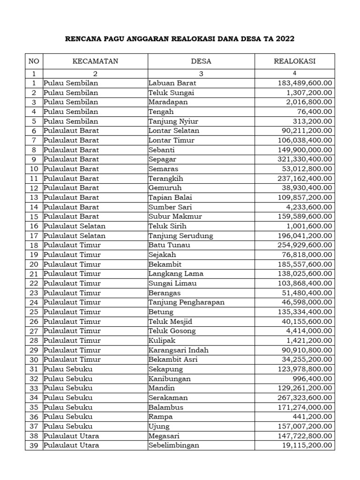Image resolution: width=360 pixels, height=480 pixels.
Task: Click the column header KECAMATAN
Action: pyautogui.click(x=95, y=61)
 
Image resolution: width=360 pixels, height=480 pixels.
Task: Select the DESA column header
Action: pyautogui.click(x=201, y=61)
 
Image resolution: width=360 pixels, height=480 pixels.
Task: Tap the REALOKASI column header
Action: pyautogui.click(x=295, y=61)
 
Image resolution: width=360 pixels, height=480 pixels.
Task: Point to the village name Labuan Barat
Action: pyautogui.click(x=172, y=83)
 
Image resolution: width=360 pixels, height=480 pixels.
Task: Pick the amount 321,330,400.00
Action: pyautogui.click(x=302, y=159)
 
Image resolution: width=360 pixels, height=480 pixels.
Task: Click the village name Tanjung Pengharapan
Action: pyautogui.click(x=186, y=302)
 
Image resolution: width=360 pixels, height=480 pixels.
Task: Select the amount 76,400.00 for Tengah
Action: pyautogui.click(x=315, y=112)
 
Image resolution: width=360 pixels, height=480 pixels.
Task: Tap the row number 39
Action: pyautogui.click(x=33, y=445)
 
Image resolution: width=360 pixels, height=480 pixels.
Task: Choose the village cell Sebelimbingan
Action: pyautogui.click(x=173, y=445)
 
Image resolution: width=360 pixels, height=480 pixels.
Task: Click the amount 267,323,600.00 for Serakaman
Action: pyautogui.click(x=302, y=397)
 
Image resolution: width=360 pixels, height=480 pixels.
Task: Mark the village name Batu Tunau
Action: pyautogui.click(x=169, y=245)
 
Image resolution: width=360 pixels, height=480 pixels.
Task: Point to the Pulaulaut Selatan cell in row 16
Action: pyautogui.click(x=75, y=226)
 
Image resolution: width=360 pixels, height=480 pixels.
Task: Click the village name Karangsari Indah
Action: pyautogui.click(x=179, y=350)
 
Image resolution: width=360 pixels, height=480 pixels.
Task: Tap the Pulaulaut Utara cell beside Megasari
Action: pyautogui.click(x=71, y=436)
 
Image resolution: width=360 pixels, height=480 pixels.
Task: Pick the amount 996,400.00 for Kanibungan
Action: pyautogui.click(x=313, y=379)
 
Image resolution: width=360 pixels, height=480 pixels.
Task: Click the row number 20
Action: pyautogui.click(x=33, y=264)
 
